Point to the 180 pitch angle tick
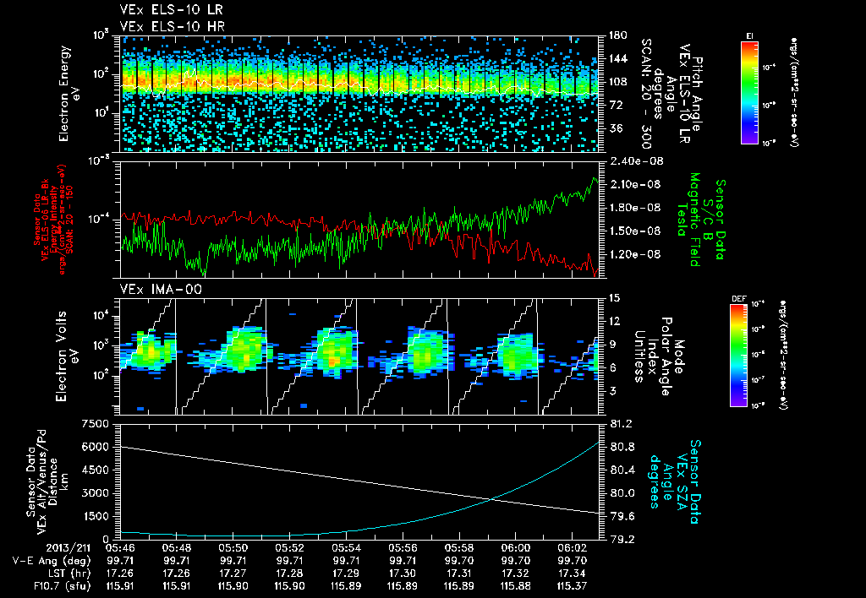[616, 35]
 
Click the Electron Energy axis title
[68, 93]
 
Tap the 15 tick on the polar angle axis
[615, 297]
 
